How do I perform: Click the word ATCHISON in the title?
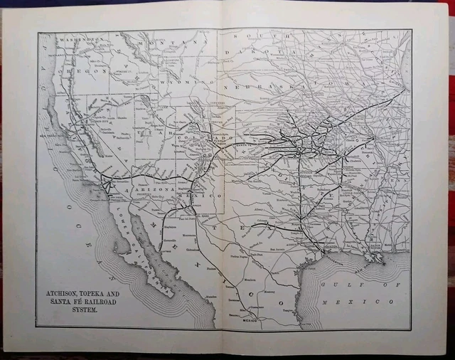(68, 292)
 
